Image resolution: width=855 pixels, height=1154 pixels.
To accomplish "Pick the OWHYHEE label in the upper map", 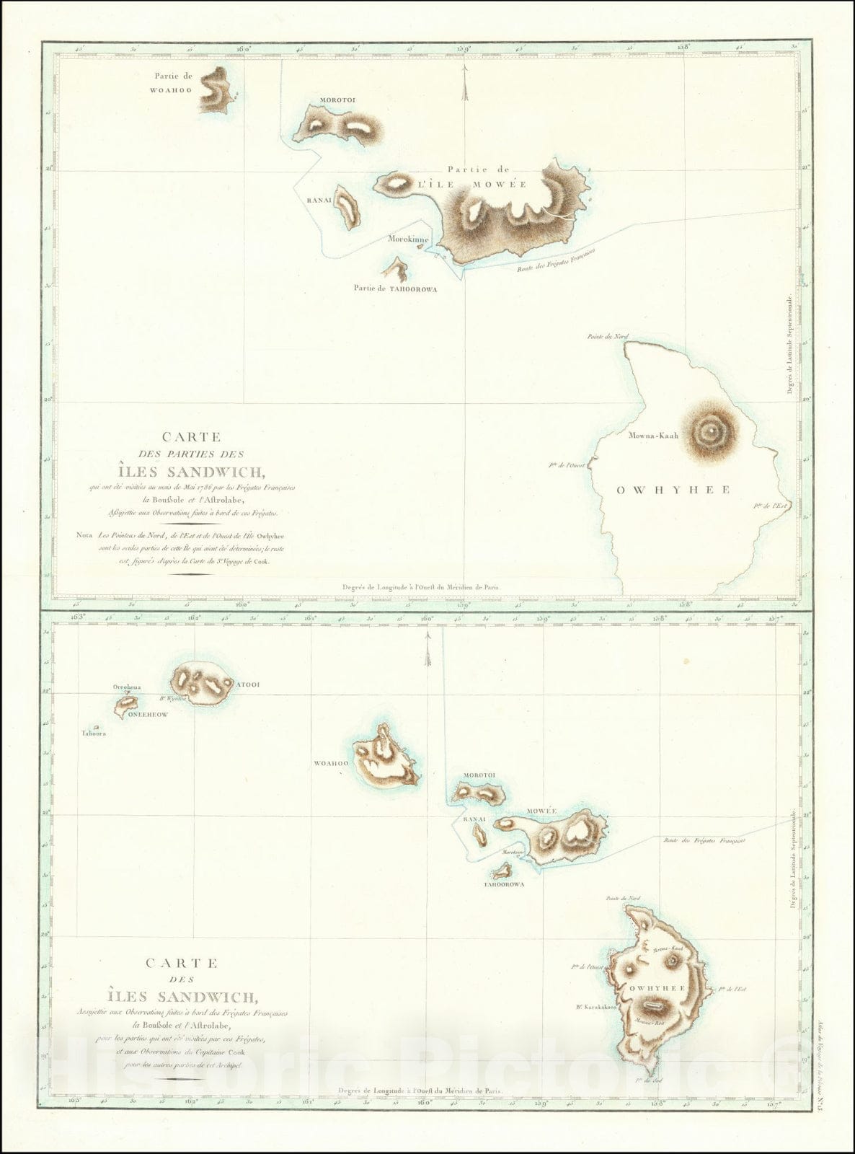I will pos(673,490).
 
